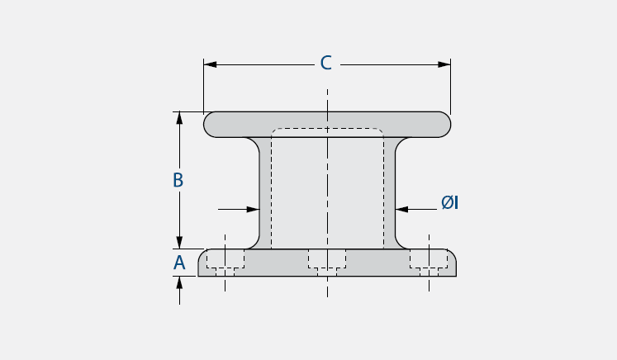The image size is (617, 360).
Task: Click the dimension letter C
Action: click(x=326, y=64)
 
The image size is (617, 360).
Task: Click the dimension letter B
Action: click(x=178, y=180)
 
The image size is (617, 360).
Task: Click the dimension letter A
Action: click(x=179, y=263)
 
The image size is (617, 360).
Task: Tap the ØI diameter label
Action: click(x=449, y=201)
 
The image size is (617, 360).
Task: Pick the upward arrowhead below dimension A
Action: click(x=179, y=282)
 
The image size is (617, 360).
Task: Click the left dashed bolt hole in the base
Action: click(x=225, y=260)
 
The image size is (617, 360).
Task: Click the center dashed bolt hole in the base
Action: click(x=327, y=260)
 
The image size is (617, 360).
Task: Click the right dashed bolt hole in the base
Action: click(x=429, y=260)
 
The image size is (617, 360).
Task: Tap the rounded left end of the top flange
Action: click(x=210, y=125)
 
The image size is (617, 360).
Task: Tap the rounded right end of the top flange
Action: click(x=445, y=125)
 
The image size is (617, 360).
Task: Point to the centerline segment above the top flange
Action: click(x=327, y=99)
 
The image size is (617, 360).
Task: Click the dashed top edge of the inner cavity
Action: click(x=327, y=129)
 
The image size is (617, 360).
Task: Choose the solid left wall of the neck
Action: click(x=259, y=190)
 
